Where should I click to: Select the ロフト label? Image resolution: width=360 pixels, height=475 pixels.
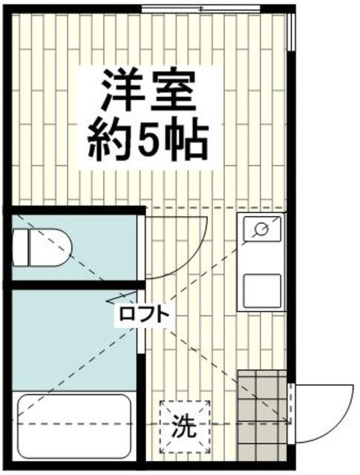143,315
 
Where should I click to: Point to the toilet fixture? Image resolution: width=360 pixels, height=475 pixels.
46,246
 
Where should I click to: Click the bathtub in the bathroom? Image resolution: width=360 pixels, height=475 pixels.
73,428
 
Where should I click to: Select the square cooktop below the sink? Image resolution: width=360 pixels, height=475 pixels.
261,290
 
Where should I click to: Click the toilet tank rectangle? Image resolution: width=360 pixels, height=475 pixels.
20,246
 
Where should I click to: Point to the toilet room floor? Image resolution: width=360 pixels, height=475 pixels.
104,249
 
